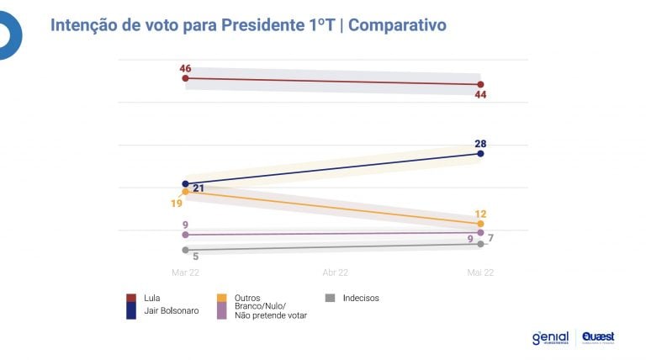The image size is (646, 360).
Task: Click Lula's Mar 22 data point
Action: point(185,78)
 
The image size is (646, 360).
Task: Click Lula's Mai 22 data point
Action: point(480,84)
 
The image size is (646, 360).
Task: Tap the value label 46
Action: point(185,67)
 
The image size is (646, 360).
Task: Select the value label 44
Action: point(480,95)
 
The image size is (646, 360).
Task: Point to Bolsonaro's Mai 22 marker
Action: point(480,153)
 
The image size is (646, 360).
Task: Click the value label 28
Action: point(480,142)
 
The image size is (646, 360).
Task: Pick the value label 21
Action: point(199,188)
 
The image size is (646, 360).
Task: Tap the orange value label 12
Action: point(480,214)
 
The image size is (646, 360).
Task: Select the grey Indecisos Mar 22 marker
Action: point(185,250)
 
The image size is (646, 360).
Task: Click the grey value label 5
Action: point(195,257)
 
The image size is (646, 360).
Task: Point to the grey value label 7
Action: point(490,239)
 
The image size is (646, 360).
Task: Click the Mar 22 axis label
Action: point(185,273)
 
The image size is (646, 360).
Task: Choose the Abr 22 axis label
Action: point(335,273)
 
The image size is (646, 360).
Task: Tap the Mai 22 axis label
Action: point(480,273)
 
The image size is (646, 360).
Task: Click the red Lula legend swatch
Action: point(130,298)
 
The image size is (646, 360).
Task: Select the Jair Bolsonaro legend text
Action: point(172,310)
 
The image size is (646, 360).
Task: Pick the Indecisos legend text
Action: point(361,298)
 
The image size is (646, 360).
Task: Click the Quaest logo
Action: point(598,337)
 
